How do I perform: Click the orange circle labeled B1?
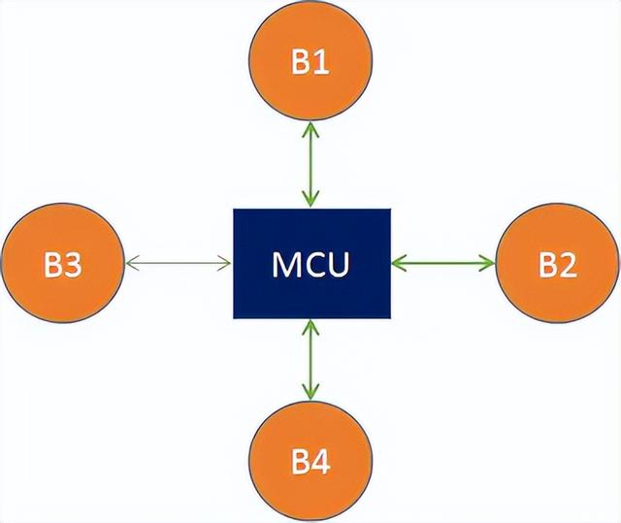coord(310,62)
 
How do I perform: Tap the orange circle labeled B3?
coord(62,263)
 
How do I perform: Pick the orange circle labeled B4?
coord(310,462)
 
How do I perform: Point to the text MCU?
coord(310,263)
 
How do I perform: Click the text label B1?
coord(310,64)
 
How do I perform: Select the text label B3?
coord(62,265)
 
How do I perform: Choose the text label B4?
coord(310,464)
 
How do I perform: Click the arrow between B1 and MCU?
coord(310,164)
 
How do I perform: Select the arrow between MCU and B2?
coord(442,261)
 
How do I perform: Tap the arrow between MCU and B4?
coord(310,360)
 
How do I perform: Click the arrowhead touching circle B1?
coord(310,129)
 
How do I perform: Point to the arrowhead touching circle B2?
coord(488,261)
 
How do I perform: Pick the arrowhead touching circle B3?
coord(131,261)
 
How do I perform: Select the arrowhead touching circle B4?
coord(310,395)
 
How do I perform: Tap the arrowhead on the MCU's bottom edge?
coord(310,326)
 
